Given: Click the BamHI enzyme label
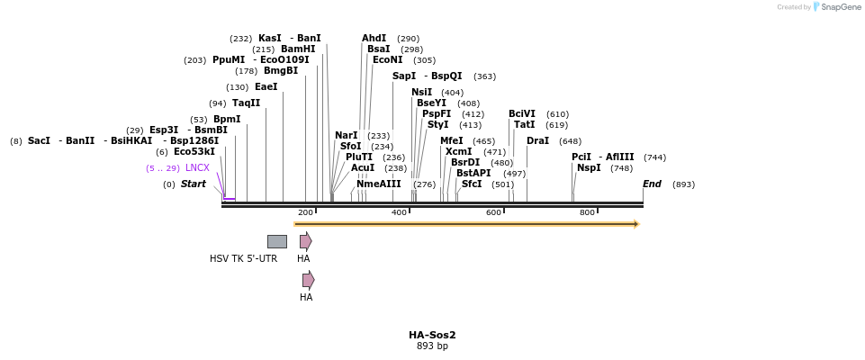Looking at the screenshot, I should click(x=298, y=49).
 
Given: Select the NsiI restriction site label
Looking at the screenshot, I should click(x=421, y=93).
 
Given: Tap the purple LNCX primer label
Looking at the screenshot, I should click(x=197, y=168).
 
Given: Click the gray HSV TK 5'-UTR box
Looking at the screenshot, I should click(x=277, y=241).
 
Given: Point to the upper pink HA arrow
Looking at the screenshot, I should click(x=306, y=241).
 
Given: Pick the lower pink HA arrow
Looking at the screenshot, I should click(x=309, y=280).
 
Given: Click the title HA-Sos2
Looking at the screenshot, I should click(x=432, y=335).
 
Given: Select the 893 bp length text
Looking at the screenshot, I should click(x=432, y=346).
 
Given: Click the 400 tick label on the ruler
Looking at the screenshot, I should click(x=399, y=212).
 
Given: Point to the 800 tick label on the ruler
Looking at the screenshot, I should click(x=587, y=212).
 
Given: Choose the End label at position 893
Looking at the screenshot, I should click(x=652, y=184).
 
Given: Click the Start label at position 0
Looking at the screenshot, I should click(x=193, y=184).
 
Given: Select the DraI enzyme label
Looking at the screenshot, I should click(x=537, y=141).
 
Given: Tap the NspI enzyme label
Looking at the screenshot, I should click(x=589, y=168).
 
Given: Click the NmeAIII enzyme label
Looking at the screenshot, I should click(x=379, y=184).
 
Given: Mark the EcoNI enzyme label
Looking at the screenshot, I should click(x=388, y=60).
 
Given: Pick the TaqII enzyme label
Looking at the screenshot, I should click(x=246, y=103).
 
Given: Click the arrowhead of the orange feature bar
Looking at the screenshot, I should click(x=635, y=224).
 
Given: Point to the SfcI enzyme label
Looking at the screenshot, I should click(x=472, y=184).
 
